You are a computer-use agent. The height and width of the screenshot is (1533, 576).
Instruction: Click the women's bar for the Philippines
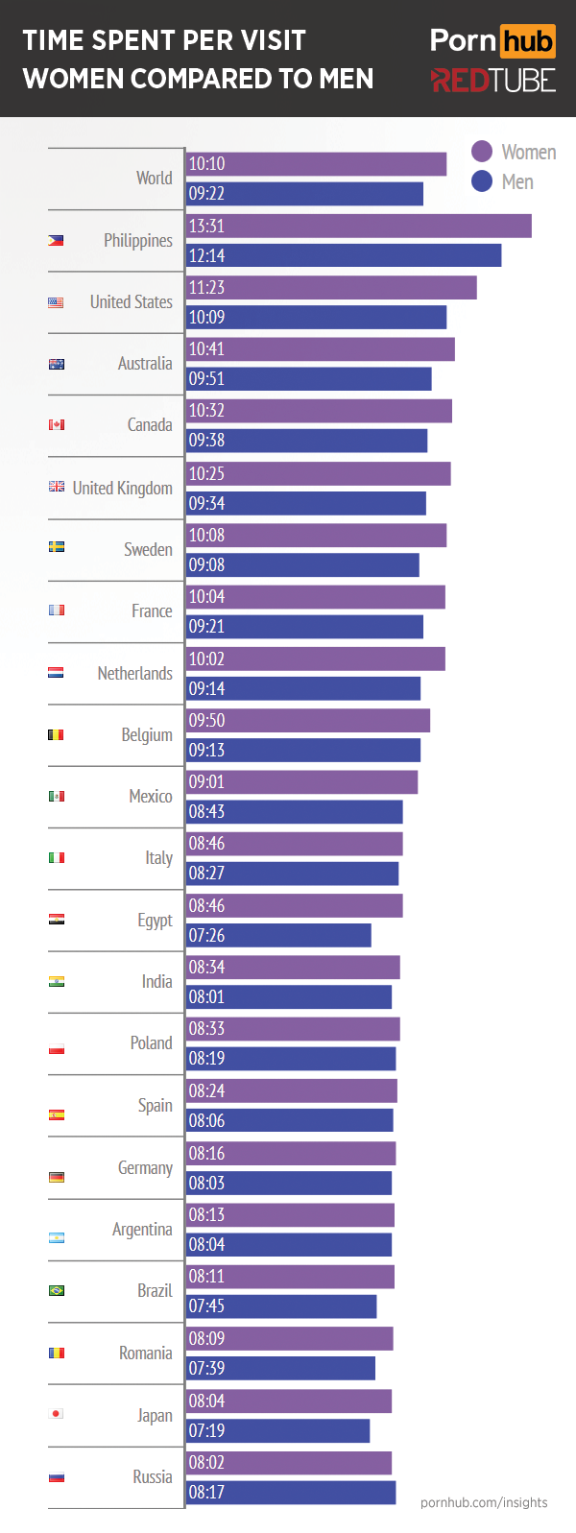tap(358, 226)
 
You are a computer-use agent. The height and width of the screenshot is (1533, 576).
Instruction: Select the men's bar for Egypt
tap(278, 935)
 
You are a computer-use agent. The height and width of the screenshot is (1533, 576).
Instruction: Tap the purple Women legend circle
tap(482, 152)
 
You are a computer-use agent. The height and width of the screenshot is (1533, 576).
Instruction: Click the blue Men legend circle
tap(482, 181)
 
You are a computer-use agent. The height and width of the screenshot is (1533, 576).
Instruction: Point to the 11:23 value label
tap(206, 287)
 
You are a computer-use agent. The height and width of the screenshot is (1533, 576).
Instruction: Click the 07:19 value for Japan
tap(206, 1430)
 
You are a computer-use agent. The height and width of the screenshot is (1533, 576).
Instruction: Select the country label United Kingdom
tap(122, 488)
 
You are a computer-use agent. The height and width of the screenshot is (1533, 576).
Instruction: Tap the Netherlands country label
tap(134, 673)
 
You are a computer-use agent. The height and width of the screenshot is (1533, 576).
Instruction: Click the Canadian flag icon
tap(57, 424)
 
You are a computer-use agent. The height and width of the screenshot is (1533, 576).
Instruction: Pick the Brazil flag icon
tap(57, 1290)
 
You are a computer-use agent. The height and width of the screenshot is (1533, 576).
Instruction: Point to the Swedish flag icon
tap(57, 546)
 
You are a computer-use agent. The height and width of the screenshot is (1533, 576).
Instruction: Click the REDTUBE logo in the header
tap(492, 81)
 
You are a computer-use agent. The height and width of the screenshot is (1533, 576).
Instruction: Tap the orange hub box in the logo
tap(527, 41)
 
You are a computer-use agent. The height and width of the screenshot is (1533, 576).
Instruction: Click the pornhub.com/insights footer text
tap(484, 1502)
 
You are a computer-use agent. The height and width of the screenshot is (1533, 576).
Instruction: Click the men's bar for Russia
tap(290, 1492)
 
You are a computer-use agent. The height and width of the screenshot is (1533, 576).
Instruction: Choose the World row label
tap(154, 178)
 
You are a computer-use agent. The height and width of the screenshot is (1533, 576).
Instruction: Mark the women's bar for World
tap(316, 164)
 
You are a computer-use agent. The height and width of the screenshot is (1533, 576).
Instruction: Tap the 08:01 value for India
tap(206, 996)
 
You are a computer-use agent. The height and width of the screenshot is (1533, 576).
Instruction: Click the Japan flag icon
tap(57, 1413)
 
